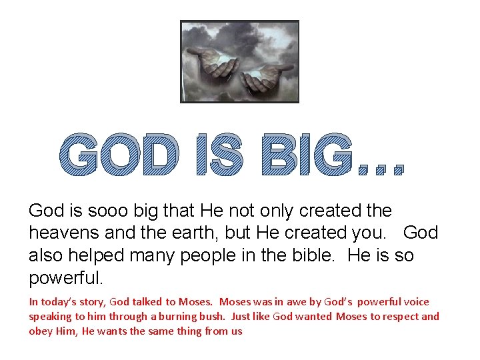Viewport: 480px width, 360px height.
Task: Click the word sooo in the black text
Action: pos(105,211)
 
